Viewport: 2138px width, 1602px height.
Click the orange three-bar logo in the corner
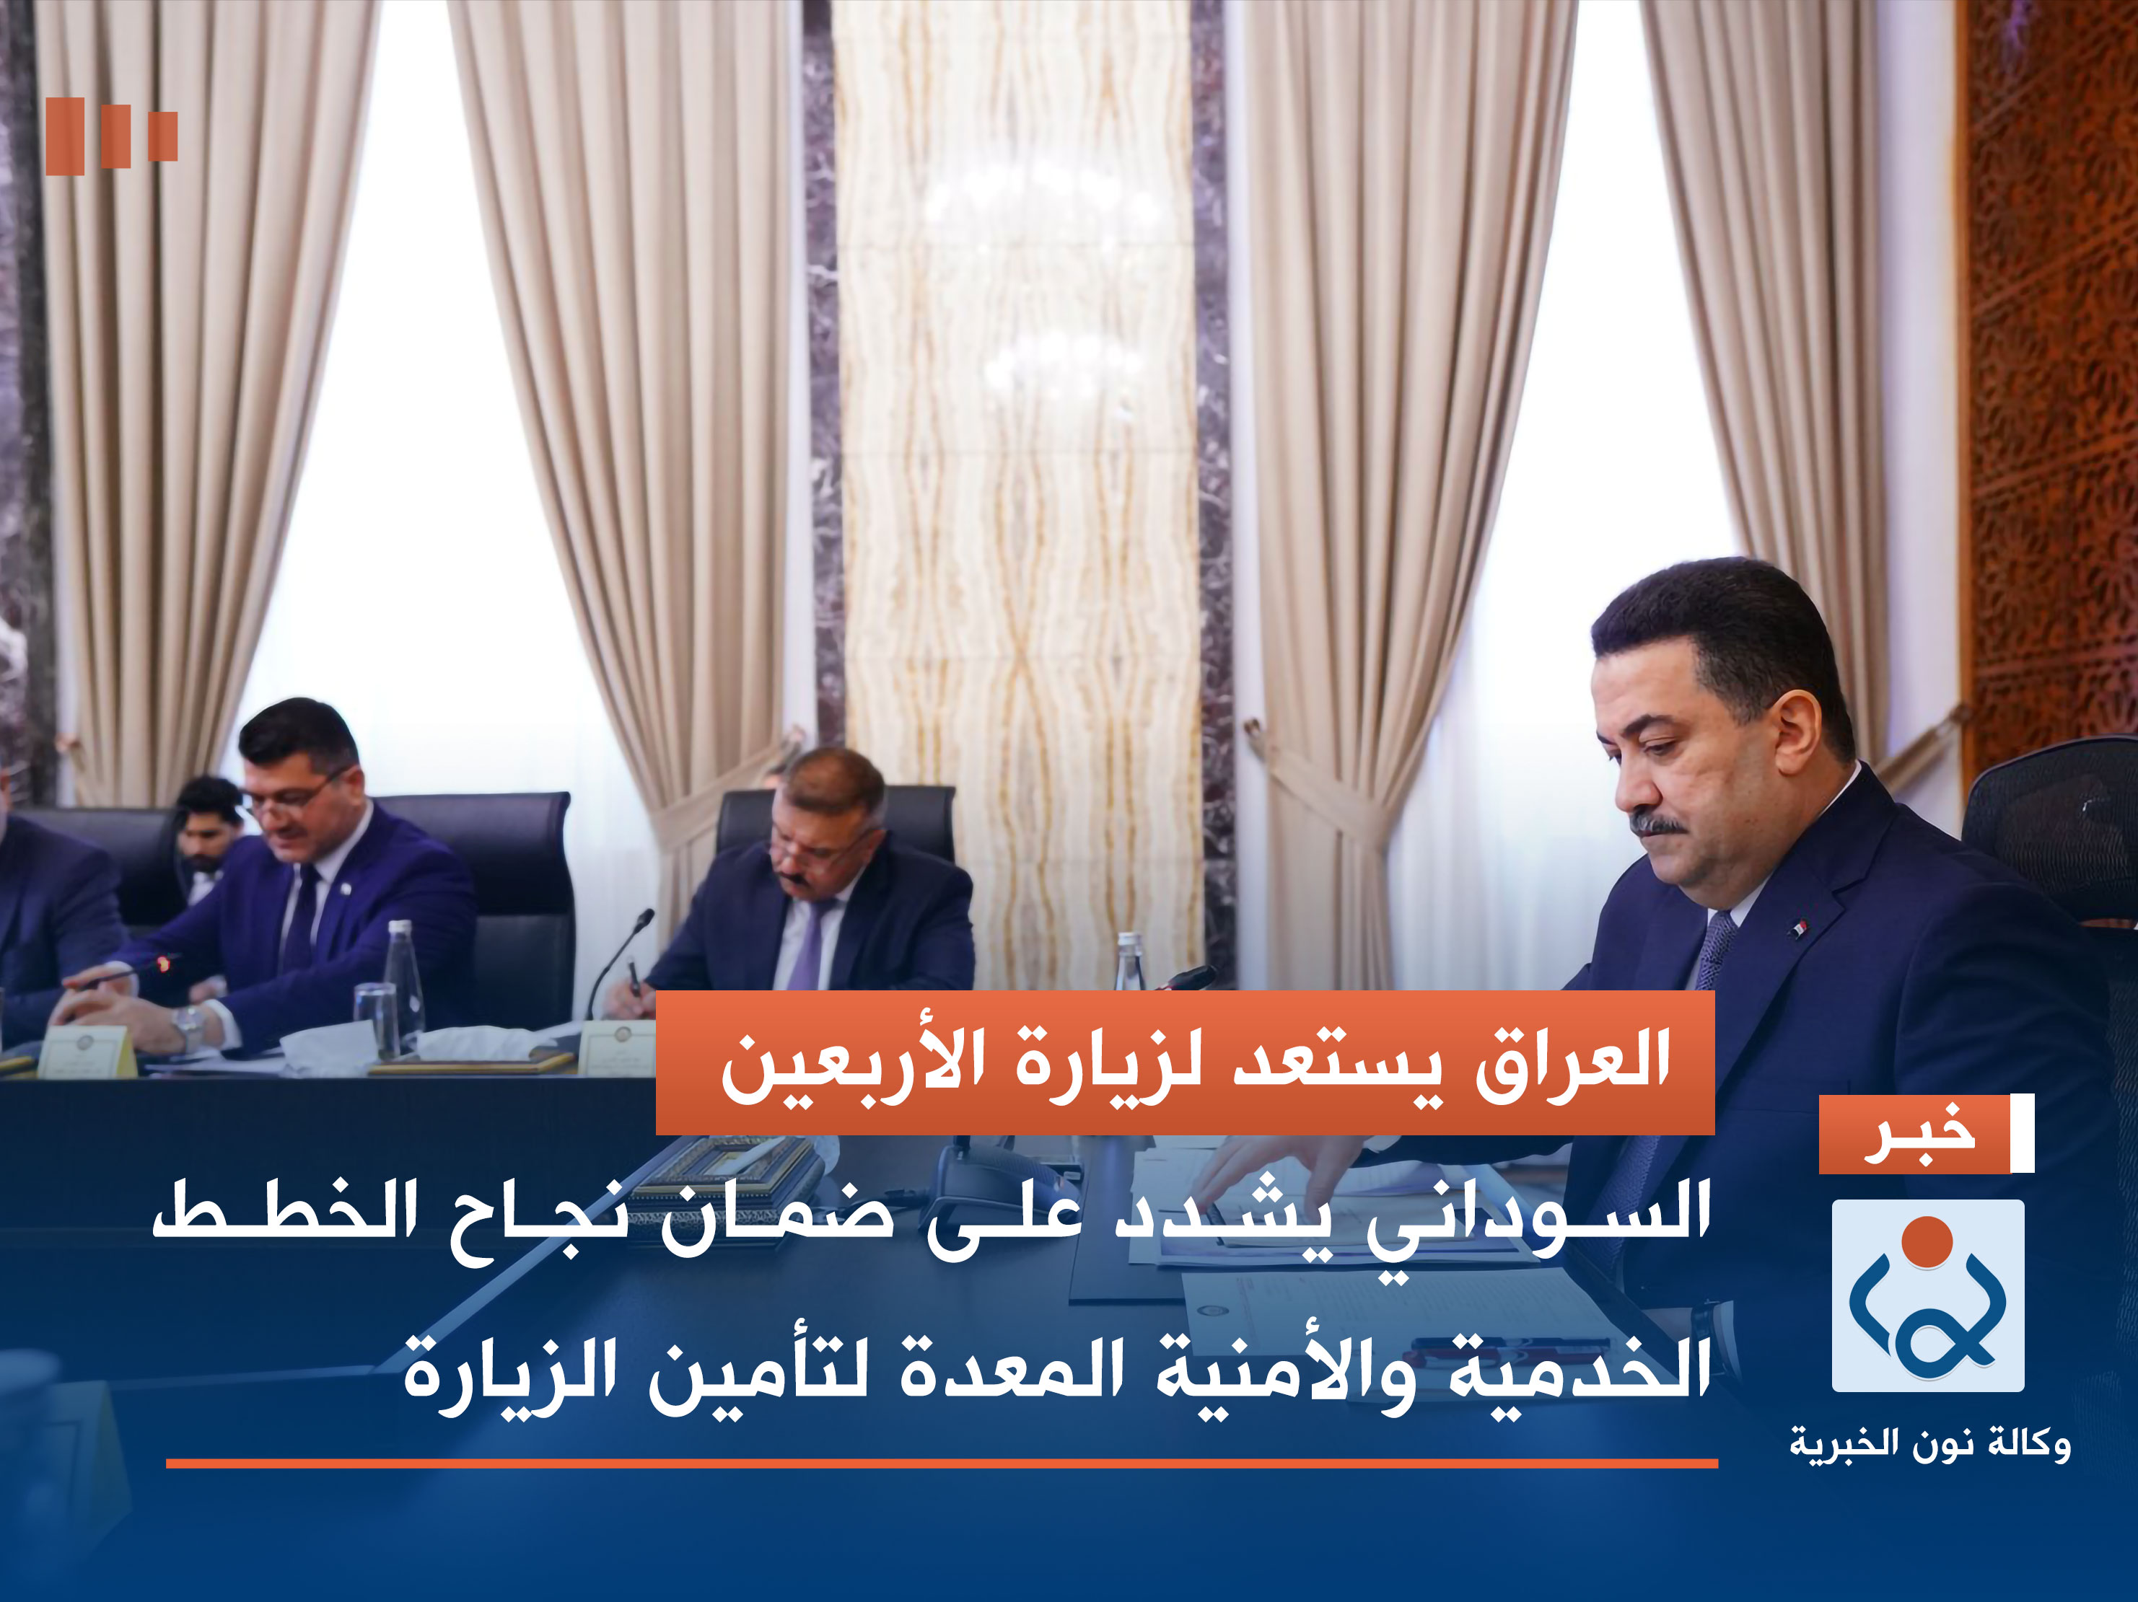click(x=111, y=136)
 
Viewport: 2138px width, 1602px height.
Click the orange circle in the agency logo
click(x=1927, y=1241)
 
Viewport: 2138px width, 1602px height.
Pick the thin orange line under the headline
click(x=942, y=1464)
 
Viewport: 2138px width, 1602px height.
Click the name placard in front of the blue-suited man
click(x=87, y=1051)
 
